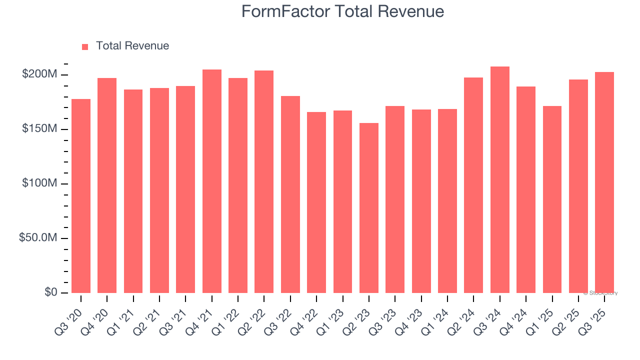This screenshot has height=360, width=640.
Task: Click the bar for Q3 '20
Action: click(x=81, y=195)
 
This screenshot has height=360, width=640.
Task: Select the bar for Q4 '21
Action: click(x=212, y=181)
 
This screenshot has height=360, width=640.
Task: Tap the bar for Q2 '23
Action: click(x=369, y=207)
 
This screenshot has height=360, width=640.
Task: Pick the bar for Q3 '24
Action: click(x=500, y=179)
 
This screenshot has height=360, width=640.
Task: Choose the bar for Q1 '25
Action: click(x=552, y=199)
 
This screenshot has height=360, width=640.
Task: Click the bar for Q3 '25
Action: click(x=604, y=182)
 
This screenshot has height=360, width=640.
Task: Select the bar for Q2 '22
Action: click(x=264, y=181)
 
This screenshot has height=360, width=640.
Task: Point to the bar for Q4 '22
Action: click(x=316, y=202)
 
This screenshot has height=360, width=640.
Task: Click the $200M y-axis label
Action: click(x=39, y=74)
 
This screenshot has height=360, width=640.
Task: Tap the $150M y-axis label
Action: click(x=39, y=129)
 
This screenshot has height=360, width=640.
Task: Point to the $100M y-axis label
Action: click(x=39, y=183)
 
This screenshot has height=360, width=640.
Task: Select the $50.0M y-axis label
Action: click(x=38, y=238)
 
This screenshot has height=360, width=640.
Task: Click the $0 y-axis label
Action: click(x=50, y=292)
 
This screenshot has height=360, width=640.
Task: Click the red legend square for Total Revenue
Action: click(x=85, y=46)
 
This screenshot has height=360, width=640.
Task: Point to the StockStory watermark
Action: click(x=600, y=293)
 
